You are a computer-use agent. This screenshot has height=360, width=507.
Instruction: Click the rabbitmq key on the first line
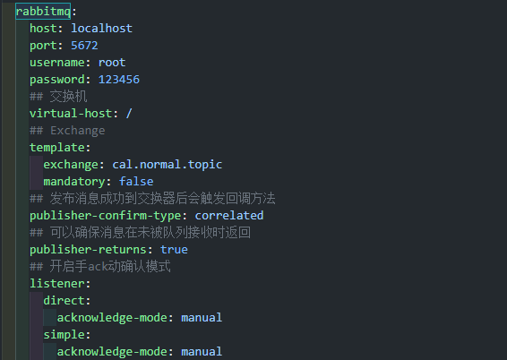43,12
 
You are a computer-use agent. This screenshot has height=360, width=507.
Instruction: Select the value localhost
101,29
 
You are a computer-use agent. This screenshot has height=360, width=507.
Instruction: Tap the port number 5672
84,46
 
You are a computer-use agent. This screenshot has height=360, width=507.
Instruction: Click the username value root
112,63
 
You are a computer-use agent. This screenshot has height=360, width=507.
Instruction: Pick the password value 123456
119,80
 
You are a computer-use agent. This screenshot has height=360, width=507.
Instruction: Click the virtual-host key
71,114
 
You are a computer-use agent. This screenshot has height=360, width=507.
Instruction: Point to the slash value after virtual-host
129,114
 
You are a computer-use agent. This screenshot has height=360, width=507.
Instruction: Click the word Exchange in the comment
78,131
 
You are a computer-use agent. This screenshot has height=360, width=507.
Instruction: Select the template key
57,148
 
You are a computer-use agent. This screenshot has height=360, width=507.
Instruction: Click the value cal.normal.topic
168,165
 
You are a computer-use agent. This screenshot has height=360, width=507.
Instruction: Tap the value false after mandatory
136,181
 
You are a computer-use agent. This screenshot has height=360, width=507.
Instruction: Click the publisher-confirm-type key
106,216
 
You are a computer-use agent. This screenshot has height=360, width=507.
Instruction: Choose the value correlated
229,216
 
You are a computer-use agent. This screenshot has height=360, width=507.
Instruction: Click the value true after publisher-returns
174,250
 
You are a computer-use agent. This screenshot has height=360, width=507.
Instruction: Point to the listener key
57,284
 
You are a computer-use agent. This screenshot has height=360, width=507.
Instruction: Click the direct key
64,301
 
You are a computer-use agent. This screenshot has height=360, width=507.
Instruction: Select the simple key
64,335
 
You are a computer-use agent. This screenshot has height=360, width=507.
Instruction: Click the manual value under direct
202,318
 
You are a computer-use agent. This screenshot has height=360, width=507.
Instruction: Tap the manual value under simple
202,352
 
